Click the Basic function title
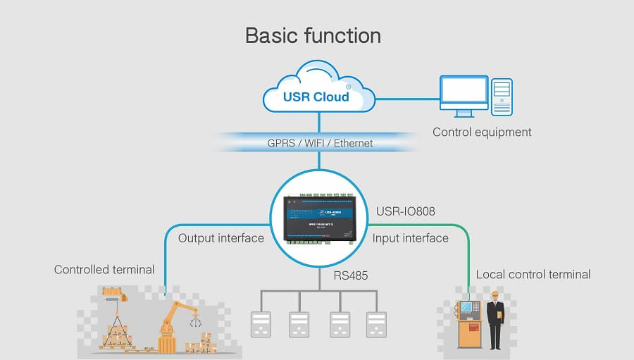pos(313,35)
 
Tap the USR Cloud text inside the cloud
pos(316,97)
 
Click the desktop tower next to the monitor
pos(502,96)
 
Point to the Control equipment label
pos(482,132)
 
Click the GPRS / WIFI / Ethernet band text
pos(319,143)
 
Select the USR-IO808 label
pos(404,211)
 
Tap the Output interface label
pos(220,238)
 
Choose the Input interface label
pos(411,238)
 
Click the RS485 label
pos(351,275)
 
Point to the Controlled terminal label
pos(104,270)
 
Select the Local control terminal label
pos(533,274)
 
